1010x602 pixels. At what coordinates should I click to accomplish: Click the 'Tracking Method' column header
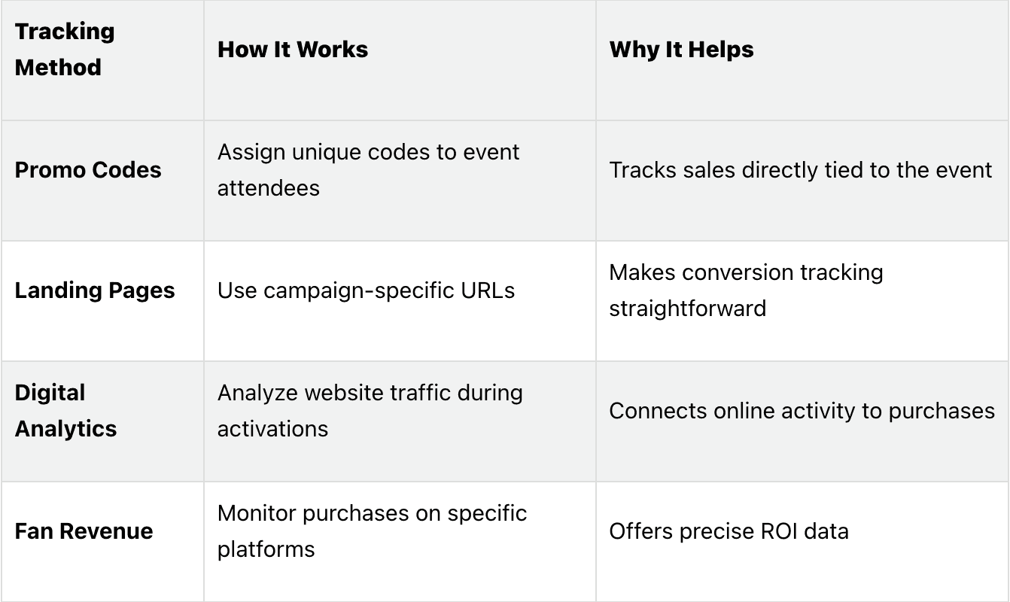tap(65, 49)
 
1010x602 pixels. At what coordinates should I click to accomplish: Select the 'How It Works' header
tap(293, 50)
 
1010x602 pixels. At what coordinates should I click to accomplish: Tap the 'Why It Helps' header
tap(681, 50)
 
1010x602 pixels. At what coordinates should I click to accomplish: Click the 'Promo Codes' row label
tap(88, 170)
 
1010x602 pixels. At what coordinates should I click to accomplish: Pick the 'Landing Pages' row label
tap(95, 290)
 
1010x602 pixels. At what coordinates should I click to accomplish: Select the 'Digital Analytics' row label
tap(65, 411)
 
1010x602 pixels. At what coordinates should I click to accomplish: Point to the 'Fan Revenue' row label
tap(84, 531)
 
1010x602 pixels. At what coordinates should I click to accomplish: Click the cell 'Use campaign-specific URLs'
tap(366, 290)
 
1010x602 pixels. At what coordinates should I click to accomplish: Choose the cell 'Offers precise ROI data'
tap(729, 531)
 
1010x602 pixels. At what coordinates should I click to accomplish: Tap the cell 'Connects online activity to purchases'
tap(802, 411)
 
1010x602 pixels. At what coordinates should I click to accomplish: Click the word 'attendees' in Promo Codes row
tap(269, 188)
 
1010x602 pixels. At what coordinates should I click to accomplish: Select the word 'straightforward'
tap(687, 309)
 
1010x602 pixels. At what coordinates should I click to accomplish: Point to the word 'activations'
tap(272, 429)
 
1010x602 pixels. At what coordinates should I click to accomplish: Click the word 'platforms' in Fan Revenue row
tap(266, 549)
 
